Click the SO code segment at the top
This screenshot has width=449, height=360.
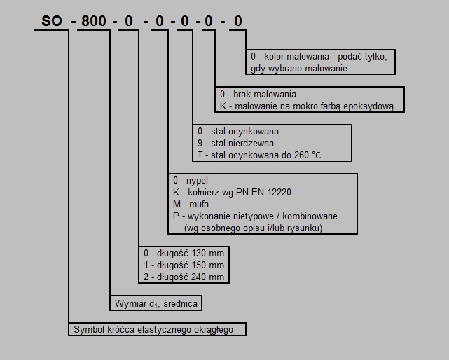pos(52,21)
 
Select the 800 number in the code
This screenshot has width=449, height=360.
pos(94,21)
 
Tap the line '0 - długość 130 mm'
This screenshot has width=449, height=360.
pos(184,253)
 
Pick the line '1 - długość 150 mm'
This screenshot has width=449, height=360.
pos(184,265)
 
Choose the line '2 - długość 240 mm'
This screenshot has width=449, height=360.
pos(184,277)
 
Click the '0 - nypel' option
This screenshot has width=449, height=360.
pos(191,181)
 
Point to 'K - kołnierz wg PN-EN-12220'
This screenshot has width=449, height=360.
pos(232,192)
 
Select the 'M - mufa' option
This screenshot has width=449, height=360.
pos(191,205)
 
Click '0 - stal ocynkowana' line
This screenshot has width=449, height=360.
pos(238,132)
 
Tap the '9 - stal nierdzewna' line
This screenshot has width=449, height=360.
pos(235,143)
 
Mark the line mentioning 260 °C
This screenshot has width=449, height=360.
pos(259,155)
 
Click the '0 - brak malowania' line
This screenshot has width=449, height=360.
pos(258,95)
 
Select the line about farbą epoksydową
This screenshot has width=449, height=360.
pos(307,106)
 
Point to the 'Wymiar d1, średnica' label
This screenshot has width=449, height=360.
pos(156,303)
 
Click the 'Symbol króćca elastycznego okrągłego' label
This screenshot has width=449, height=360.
pos(153,330)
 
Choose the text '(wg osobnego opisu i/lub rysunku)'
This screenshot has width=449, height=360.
pos(254,228)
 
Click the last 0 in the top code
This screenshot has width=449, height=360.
pos(238,21)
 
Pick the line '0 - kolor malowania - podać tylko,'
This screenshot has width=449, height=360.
pos(319,57)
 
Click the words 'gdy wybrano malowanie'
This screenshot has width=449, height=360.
pos(299,69)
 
